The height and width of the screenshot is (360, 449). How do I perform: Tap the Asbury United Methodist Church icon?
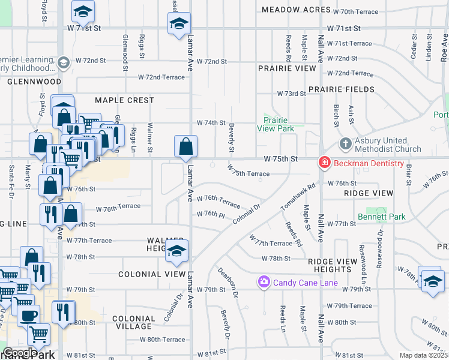coord(345,144)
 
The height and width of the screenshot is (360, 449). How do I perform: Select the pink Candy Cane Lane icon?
coord(264,282)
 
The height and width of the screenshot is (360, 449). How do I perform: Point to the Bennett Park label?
coord(382,217)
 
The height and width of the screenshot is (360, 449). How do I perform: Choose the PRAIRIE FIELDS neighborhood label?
coord(342,89)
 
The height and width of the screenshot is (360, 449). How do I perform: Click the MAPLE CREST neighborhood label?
coord(124,100)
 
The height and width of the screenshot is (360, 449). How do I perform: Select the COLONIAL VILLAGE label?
coord(133,323)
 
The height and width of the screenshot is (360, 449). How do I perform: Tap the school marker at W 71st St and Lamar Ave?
coord(178,24)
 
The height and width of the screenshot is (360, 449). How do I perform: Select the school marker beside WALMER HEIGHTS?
coord(178,251)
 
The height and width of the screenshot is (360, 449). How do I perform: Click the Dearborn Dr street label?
coord(228,283)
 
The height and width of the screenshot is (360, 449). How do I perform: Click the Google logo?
coord(19,353)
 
